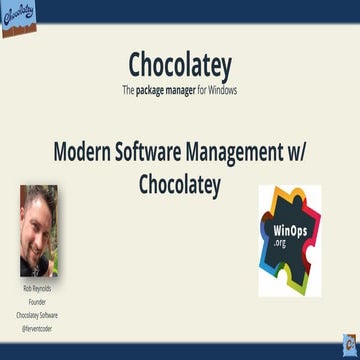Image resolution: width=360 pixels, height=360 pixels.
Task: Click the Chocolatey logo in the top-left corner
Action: coord(21,16)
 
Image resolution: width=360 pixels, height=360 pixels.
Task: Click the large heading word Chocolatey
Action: coord(180,66)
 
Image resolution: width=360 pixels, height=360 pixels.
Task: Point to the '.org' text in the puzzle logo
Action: coord(283,241)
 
